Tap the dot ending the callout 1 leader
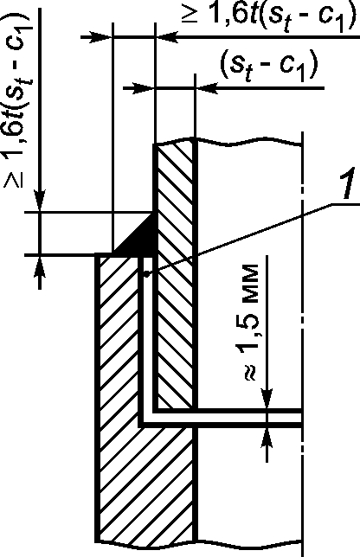click(146, 273)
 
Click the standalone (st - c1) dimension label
click(268, 66)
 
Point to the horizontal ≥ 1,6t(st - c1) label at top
click(268, 16)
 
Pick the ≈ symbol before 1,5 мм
click(250, 372)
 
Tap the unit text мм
click(250, 285)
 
